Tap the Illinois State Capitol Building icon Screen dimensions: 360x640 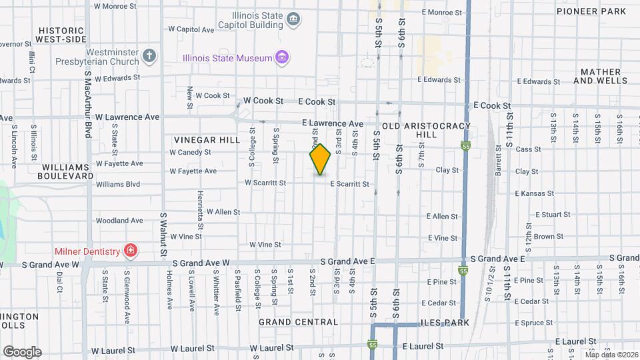pos(293,19)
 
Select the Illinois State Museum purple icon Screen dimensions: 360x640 pos(283,58)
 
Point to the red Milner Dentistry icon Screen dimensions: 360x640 pos(131,251)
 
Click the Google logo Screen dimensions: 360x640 pos(22,351)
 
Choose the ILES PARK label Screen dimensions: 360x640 pos(445,323)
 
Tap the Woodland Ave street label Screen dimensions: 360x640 pos(119,221)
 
